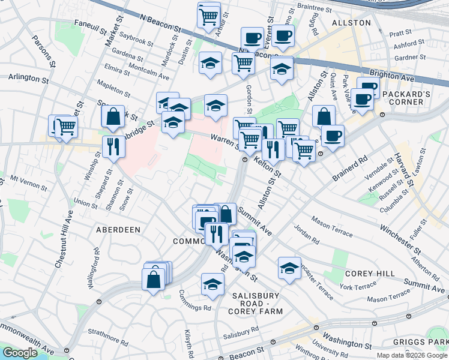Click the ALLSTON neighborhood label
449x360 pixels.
351,22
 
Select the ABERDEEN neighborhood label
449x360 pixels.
118,230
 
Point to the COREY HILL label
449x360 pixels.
370,274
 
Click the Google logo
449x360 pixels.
20,353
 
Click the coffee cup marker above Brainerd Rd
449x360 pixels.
332,136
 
